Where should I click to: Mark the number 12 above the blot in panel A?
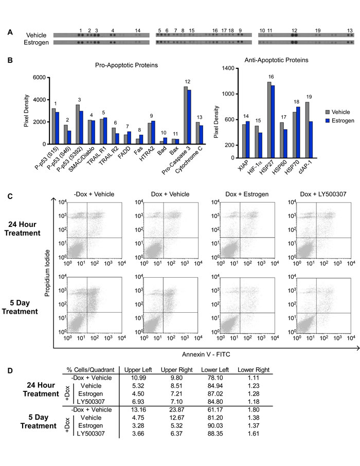tap(294, 30)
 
